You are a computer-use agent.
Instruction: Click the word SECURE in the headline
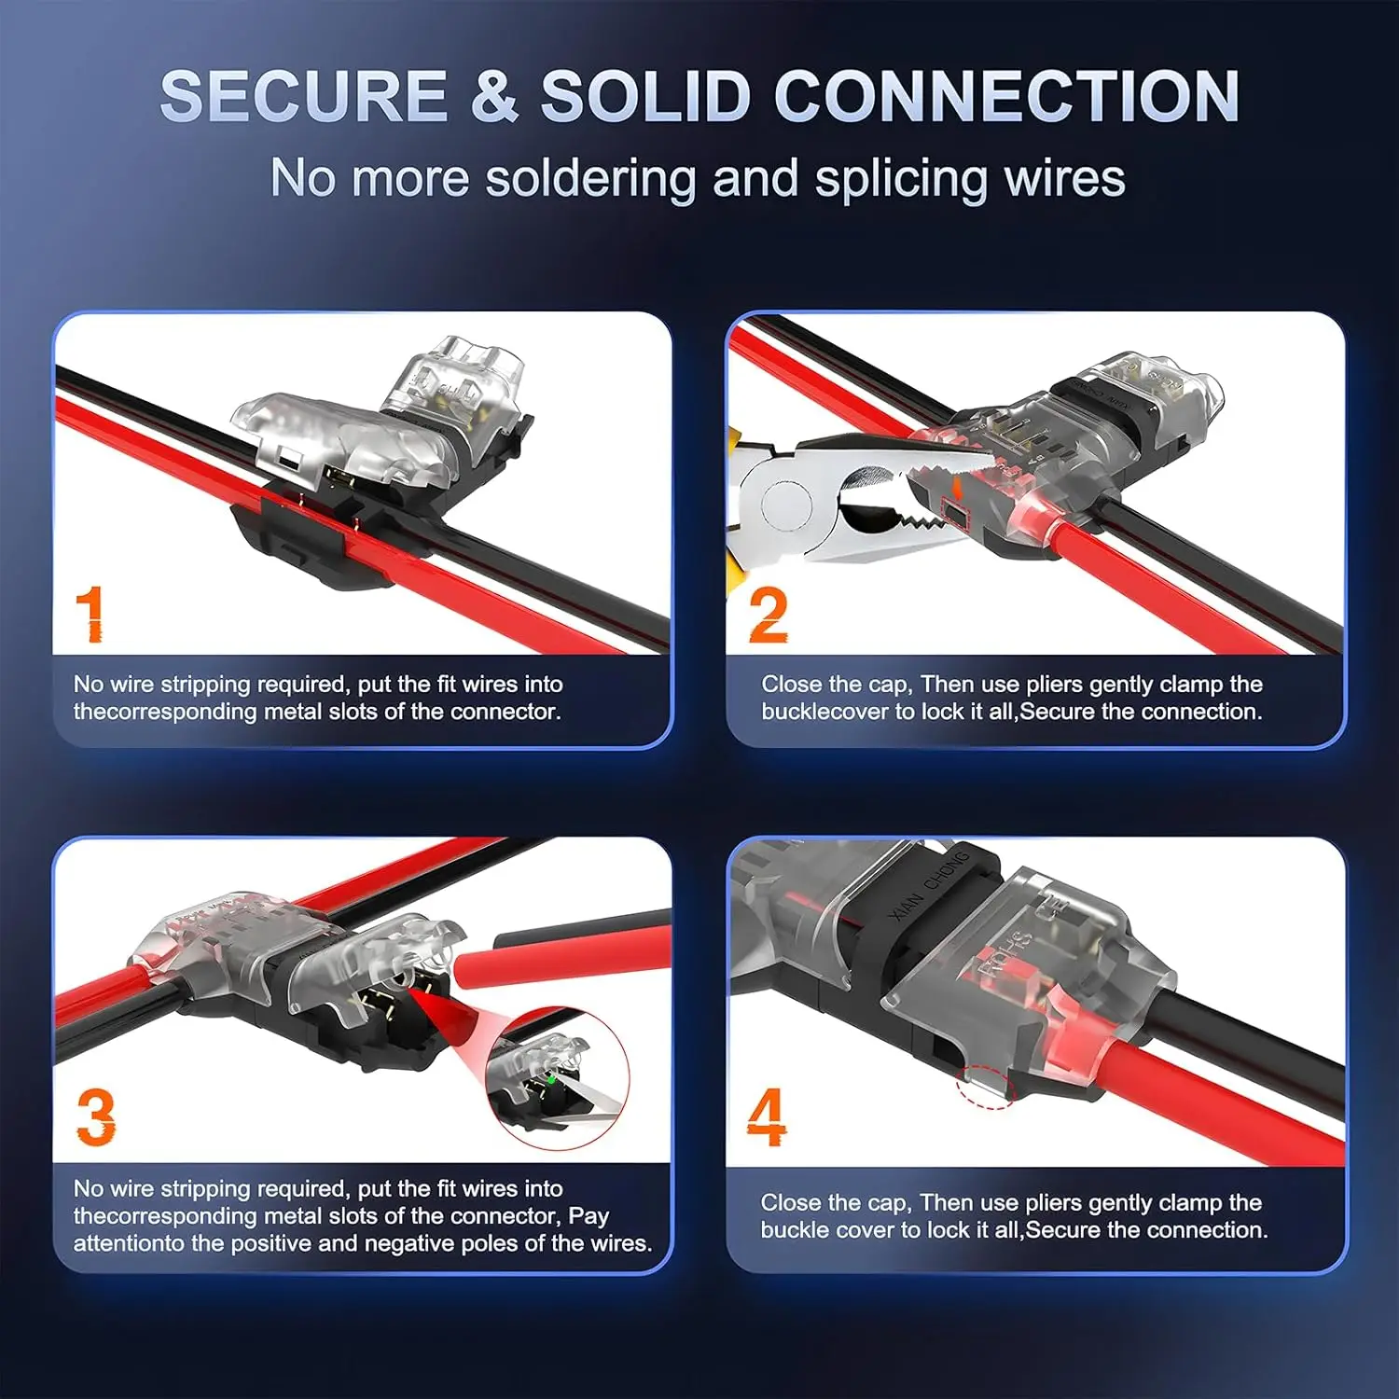(304, 96)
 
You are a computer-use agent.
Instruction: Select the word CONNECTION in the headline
(1006, 96)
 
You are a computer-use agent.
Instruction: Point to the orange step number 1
(90, 614)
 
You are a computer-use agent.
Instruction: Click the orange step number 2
(768, 615)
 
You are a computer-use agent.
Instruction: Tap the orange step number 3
(96, 1117)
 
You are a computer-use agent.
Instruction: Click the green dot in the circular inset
(551, 1079)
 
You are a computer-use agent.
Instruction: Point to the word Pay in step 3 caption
(589, 1216)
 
